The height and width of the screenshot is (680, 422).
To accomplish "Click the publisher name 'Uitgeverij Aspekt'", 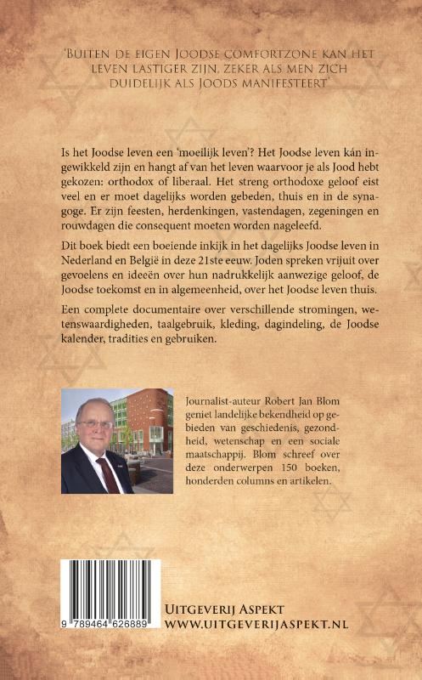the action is coord(225,609).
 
